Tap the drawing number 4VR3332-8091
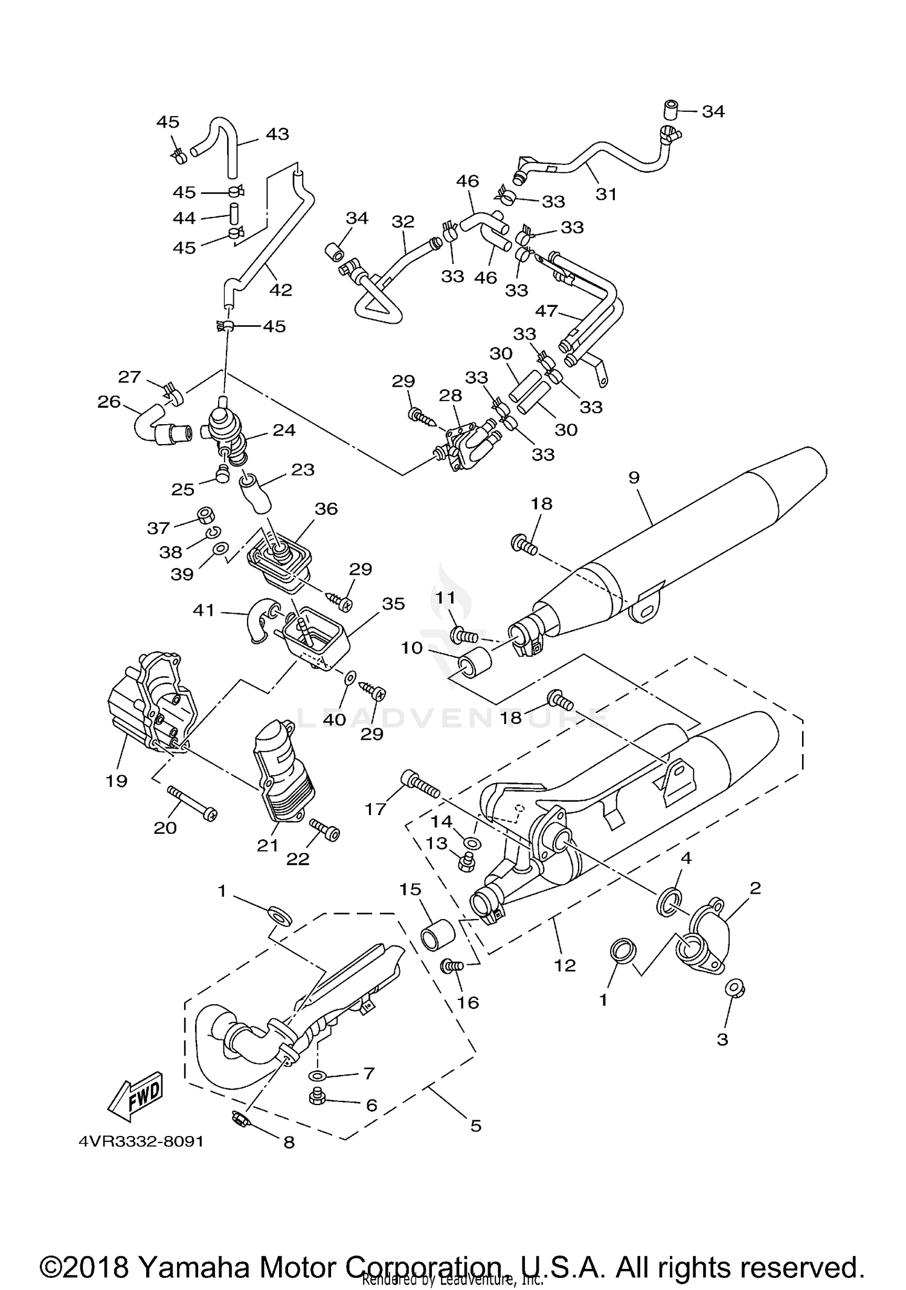(141, 1141)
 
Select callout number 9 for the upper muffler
(634, 478)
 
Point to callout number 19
(117, 781)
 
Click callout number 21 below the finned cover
(268, 845)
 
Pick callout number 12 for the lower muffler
(565, 965)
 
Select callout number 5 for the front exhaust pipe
(475, 1126)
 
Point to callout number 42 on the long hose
(280, 290)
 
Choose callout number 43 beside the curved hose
(277, 134)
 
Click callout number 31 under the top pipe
(606, 195)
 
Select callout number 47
(547, 311)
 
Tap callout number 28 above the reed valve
(451, 396)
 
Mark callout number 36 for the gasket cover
(326, 509)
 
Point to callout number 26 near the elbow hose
(109, 402)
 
